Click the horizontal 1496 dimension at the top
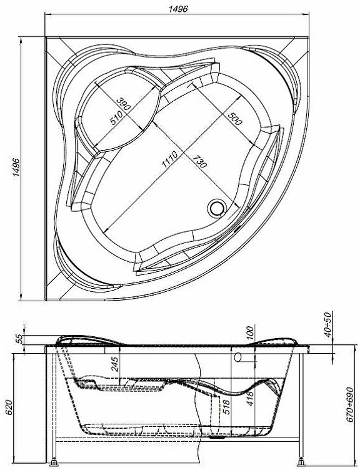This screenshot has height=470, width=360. pos(178,9)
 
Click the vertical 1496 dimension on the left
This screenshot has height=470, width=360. pos(16,167)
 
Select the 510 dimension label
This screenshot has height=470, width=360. pos(116,117)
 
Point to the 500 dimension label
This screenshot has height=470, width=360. pos(235,119)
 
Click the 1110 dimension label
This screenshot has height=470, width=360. pos(169,159)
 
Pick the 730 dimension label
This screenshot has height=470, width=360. pos(199,161)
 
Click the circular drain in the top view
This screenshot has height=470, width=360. pos(216,207)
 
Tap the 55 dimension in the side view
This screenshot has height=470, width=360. pos(19,339)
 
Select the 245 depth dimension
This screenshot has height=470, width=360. pos(115,364)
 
